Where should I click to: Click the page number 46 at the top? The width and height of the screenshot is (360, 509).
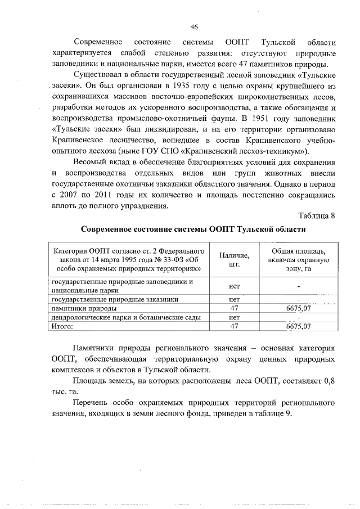tap(194, 28)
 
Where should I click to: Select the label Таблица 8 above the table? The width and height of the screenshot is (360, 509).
tap(317, 216)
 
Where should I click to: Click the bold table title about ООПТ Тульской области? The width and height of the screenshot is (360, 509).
tap(193, 229)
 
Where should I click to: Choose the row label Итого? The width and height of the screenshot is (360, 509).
tap(63, 326)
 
